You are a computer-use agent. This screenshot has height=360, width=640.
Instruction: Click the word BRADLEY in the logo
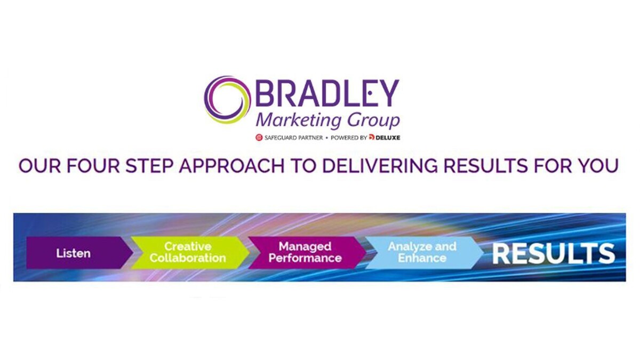click(327, 93)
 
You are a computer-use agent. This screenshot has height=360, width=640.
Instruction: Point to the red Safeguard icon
click(259, 138)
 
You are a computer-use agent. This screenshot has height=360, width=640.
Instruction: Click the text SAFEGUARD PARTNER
click(293, 138)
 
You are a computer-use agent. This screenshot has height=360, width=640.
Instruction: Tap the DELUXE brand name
click(388, 138)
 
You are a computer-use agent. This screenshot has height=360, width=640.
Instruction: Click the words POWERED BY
click(349, 138)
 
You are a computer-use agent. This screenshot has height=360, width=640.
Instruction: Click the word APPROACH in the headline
click(231, 165)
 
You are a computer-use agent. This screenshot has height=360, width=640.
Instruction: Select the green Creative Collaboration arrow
click(190, 253)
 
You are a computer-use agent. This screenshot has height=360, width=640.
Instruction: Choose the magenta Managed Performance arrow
click(307, 253)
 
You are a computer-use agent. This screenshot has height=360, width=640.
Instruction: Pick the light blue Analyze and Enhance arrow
click(424, 253)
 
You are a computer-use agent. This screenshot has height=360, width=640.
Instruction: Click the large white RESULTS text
click(554, 254)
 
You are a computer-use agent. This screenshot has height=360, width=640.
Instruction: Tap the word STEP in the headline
click(149, 165)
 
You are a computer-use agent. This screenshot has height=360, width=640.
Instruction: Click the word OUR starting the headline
click(39, 165)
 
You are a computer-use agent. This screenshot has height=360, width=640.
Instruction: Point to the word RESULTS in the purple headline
click(486, 165)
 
